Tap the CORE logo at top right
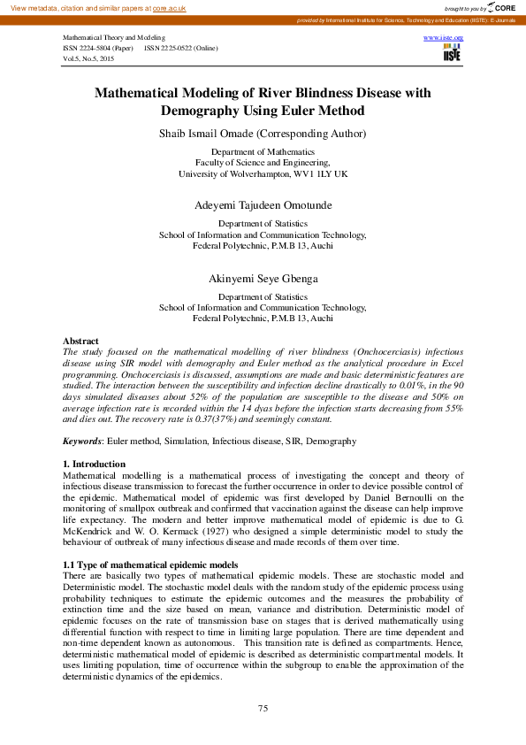[x=501, y=7]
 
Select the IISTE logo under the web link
[x=452, y=54]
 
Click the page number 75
[x=263, y=709]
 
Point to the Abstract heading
[x=80, y=341]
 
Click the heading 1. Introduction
[x=94, y=465]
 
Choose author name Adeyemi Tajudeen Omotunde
[x=263, y=205]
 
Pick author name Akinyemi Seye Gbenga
[x=263, y=279]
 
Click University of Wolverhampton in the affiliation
[x=237, y=174]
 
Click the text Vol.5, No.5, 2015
[x=88, y=58]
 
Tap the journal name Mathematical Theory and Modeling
[x=113, y=39]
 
